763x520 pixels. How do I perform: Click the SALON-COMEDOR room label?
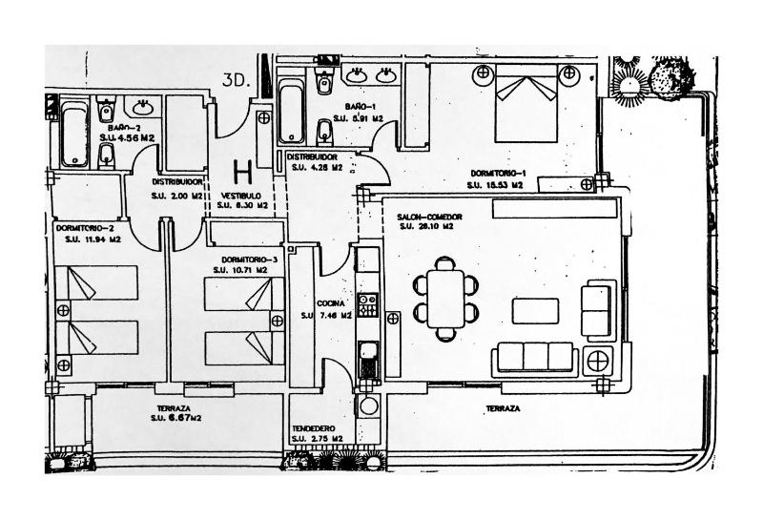coord(430,218)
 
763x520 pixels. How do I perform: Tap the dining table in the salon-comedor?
coord(445,298)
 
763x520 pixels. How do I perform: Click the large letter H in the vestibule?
coord(243,172)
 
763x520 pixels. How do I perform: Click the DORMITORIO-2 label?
coord(85,229)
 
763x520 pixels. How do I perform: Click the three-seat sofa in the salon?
coord(534,358)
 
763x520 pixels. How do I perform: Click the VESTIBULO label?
coord(241,195)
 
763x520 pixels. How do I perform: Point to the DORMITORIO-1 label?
coord(498,173)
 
